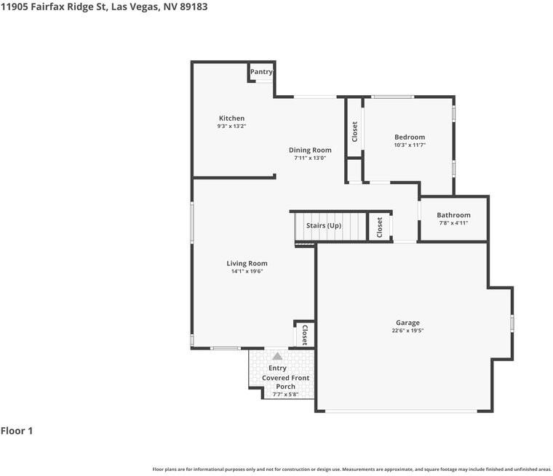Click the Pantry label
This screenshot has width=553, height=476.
pos(261,72)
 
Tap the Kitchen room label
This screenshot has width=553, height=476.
pos(232,118)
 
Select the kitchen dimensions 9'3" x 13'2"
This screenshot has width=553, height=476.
pos(232,126)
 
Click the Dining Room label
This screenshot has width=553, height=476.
pos(310,150)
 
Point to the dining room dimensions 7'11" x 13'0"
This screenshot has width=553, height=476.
pos(310,158)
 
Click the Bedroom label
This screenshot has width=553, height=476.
pos(410,137)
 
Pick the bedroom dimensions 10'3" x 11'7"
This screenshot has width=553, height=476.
pos(410,145)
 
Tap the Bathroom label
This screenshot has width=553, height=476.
pos(453,215)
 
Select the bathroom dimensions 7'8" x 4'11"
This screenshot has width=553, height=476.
pos(453,223)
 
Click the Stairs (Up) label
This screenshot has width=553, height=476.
pos(324,226)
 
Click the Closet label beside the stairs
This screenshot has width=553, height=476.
pos(379,227)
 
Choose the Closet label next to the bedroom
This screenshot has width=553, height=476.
pos(354,132)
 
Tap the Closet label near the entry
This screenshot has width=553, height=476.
pos(304,335)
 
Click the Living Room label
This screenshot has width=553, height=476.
pos(247,264)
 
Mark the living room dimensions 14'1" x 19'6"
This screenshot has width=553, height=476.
pos(247,272)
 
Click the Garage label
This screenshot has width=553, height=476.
pos(407,323)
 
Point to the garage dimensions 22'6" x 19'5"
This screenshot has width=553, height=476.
pos(407,331)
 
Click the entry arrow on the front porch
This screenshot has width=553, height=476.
pos(277,357)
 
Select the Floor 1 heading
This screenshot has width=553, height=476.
pos(17,431)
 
